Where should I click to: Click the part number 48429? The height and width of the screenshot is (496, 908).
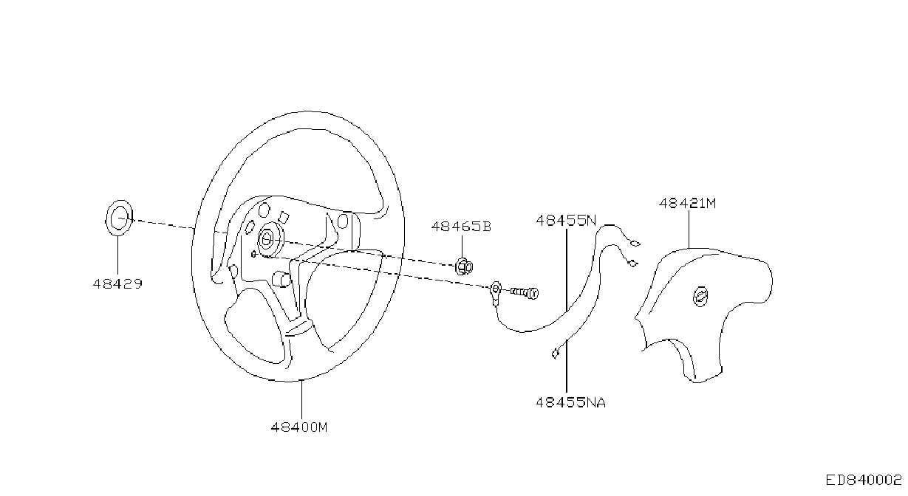117,284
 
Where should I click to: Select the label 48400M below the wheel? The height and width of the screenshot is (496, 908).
299,427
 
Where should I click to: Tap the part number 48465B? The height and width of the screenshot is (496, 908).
461,227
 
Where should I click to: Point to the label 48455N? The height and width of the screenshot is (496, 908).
566,221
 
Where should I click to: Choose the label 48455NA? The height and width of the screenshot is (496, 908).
571,402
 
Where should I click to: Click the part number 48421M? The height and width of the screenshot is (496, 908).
688,203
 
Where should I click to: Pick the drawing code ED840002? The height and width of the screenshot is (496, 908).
864,480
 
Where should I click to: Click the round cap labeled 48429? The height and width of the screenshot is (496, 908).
119,218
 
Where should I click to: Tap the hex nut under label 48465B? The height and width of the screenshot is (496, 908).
464,267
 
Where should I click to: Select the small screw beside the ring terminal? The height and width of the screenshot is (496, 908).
525,292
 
